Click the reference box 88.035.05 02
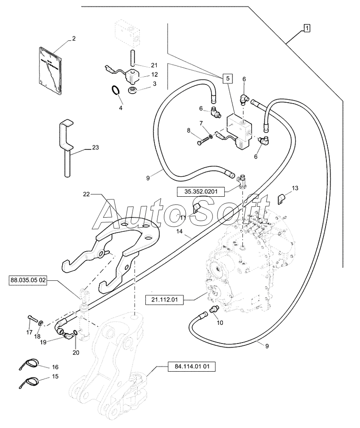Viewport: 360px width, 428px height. [28, 280]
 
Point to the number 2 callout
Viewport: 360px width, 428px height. [73, 39]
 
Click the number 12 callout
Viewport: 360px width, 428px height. [154, 75]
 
